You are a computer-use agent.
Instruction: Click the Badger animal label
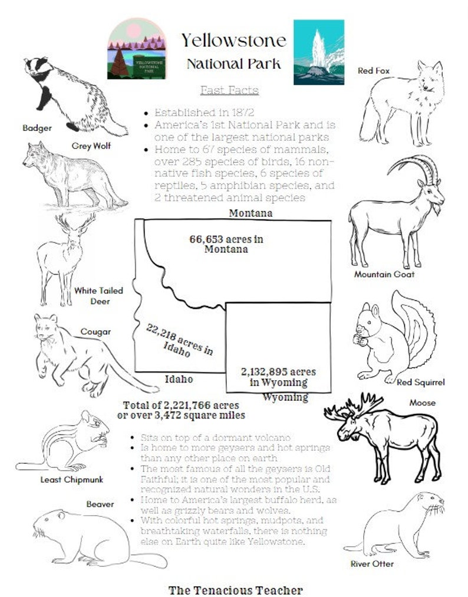(37, 127)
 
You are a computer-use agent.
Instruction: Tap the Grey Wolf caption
(91, 145)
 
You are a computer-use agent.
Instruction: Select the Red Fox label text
(374, 71)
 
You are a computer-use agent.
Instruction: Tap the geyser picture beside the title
(318, 52)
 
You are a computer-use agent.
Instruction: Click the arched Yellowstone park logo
(137, 48)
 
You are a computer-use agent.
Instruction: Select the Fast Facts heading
(229, 90)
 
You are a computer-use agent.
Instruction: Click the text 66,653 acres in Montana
(226, 244)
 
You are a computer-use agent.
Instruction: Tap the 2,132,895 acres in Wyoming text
(278, 377)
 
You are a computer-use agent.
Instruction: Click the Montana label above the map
(251, 213)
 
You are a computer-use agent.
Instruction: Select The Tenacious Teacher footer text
(235, 589)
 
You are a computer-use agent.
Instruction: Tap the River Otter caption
(372, 563)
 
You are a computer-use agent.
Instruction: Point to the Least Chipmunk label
(71, 479)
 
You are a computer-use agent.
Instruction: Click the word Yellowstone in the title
(233, 41)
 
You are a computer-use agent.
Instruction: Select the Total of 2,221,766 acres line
(181, 405)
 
